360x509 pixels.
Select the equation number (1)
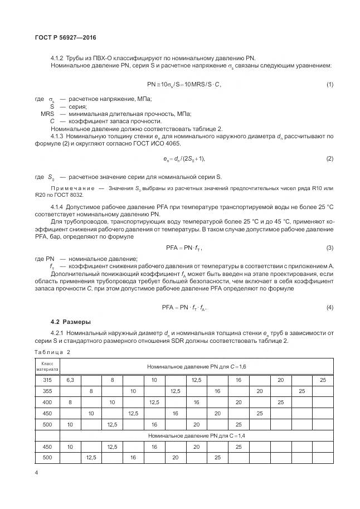329,84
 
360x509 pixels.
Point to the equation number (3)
329,248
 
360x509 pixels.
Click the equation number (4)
329,307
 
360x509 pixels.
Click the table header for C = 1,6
196,366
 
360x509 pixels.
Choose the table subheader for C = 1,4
196,434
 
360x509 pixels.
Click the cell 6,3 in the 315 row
70,380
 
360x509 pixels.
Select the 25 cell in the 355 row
301,391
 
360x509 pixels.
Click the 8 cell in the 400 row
70,401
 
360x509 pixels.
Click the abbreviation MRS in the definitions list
48,114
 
